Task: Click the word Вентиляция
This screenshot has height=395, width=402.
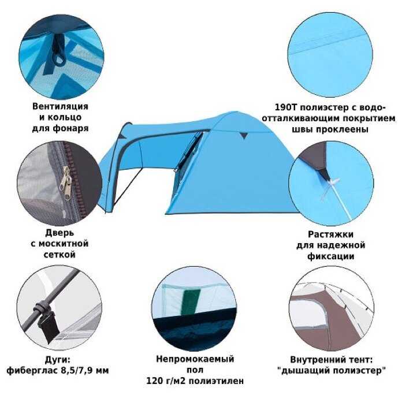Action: point(60,106)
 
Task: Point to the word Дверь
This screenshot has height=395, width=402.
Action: point(59,233)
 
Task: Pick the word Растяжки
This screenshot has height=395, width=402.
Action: point(330,234)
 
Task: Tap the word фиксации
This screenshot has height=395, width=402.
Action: point(331,256)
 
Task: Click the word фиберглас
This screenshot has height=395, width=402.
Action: point(32,370)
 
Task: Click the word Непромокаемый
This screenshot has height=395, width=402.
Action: point(195,359)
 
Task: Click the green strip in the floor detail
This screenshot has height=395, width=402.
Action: point(190,303)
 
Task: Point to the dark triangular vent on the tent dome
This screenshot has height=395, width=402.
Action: point(244,135)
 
